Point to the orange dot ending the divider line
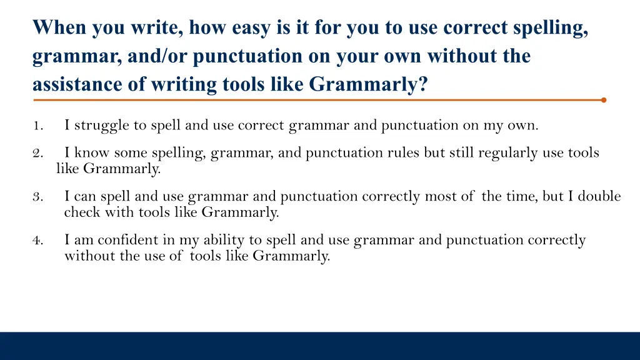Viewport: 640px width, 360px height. pos(603,99)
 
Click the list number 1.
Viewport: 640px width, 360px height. pos(37,126)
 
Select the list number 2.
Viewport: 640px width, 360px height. pos(37,153)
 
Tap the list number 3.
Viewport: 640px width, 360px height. pos(37,197)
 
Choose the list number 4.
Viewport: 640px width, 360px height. pos(37,241)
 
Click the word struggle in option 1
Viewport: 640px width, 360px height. pos(104,126)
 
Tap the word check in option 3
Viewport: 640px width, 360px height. pos(81,212)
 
